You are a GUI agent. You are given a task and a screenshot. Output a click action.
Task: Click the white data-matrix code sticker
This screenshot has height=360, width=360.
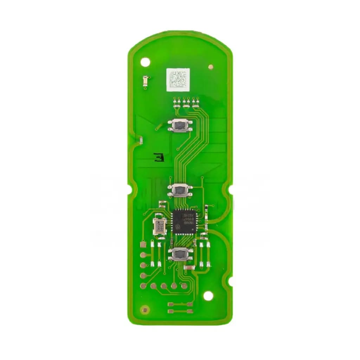(x=178, y=78)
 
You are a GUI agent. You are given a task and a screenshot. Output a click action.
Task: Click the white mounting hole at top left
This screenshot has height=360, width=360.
(x=145, y=62)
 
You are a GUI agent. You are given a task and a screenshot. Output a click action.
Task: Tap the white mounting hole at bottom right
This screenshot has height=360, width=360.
(x=208, y=296)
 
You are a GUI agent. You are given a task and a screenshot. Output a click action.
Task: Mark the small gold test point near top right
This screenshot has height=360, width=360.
(x=211, y=67)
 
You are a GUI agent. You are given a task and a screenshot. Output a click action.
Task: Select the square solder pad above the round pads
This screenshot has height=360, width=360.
(x=143, y=244)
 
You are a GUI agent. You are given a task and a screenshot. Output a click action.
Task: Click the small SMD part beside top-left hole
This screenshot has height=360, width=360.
(x=146, y=82)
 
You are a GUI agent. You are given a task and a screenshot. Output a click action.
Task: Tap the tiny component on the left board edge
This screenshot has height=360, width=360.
(x=141, y=141)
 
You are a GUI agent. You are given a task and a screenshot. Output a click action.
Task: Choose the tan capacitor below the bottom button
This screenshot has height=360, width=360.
(x=189, y=268)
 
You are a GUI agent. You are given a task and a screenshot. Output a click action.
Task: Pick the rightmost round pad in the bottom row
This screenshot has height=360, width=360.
(x=184, y=286)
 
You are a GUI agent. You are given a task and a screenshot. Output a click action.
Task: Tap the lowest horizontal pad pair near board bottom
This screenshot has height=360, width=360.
(x=180, y=311)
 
